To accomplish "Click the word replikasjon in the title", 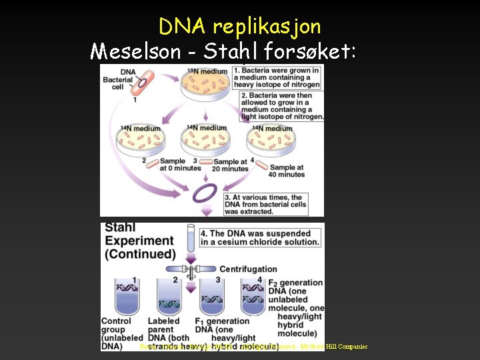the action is (x=266, y=27).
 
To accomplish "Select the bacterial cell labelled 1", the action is (x=142, y=85).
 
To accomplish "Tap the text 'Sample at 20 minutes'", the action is (x=230, y=165).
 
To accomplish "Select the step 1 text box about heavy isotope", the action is (x=281, y=77).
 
